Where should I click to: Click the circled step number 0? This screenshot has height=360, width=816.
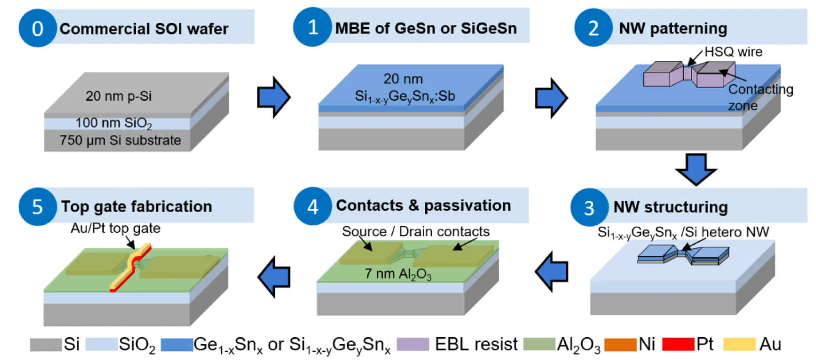37,28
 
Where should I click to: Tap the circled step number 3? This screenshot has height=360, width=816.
589,208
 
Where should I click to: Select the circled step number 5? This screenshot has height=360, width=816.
37,207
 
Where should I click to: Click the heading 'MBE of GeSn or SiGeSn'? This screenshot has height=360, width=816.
426,28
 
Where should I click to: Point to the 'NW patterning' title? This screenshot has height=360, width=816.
673,28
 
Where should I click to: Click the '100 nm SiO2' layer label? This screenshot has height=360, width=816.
113,123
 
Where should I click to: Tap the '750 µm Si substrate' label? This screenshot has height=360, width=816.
120,140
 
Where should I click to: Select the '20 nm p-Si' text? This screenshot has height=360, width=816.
118,96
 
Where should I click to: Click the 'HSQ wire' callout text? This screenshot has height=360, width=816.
733,52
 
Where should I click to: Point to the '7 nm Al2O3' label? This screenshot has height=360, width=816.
398,274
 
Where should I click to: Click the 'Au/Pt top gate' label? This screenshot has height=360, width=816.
115,228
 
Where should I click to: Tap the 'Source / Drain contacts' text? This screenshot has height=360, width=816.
416,231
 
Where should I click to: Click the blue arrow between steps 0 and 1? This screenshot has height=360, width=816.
273,97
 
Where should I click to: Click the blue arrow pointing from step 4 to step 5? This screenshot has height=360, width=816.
274,276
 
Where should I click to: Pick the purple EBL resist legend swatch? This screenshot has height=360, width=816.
413,344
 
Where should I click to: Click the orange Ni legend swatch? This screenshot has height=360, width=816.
620,344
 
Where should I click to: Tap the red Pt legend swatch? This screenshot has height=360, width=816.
678,344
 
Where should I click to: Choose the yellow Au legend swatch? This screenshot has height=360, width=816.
739,344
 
